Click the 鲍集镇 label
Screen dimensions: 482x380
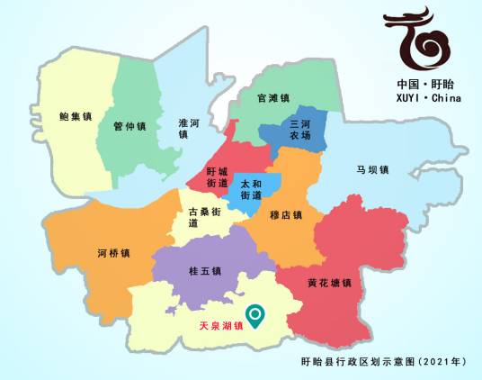click(x=76, y=116)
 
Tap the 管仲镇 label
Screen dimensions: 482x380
click(x=129, y=126)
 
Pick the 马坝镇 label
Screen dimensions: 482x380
click(x=371, y=169)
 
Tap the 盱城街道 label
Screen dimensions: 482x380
click(x=217, y=176)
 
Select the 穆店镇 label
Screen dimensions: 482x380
click(x=285, y=216)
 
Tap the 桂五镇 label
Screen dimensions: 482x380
click(x=205, y=270)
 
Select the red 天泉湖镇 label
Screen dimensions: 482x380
click(x=221, y=328)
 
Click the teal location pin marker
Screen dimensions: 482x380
click(x=256, y=316)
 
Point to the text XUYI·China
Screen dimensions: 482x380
click(x=428, y=98)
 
